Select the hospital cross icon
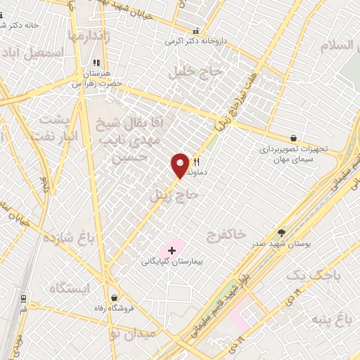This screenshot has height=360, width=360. click(x=172, y=250)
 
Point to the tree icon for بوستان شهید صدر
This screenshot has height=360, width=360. click(x=282, y=233)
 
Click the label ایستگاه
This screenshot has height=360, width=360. click(x=71, y=288)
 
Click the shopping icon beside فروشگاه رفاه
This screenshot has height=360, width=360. click(x=113, y=298)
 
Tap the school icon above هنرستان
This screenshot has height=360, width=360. click(x=96, y=63)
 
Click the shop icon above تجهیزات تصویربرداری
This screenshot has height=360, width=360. click(x=293, y=139)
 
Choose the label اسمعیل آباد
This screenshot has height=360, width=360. click(x=33, y=53)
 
